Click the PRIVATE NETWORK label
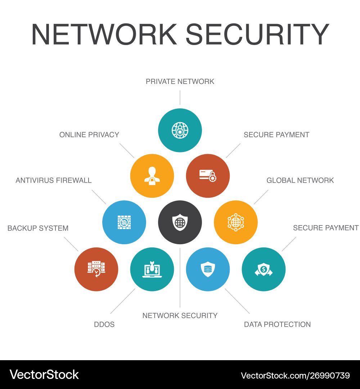pyautogui.click(x=180, y=81)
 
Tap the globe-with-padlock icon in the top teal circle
pyautogui.click(x=180, y=130)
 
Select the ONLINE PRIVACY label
pyautogui.click(x=89, y=134)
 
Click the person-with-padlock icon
pyautogui.click(x=152, y=176)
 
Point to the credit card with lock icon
pyautogui.click(x=208, y=176)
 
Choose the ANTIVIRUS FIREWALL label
pyautogui.click(x=54, y=180)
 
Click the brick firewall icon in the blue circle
pyautogui.click(x=124, y=222)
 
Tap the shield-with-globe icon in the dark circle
pyautogui.click(x=180, y=222)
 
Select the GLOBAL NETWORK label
pyautogui.click(x=300, y=180)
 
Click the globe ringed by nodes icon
pyautogui.click(x=236, y=222)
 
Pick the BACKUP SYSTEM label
pyautogui.click(x=38, y=228)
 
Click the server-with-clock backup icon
pyautogui.click(x=96, y=269)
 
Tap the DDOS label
pyautogui.click(x=104, y=324)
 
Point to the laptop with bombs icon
pyautogui.click(x=152, y=269)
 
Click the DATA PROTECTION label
pyautogui.click(x=277, y=324)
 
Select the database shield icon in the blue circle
pyautogui.click(x=208, y=269)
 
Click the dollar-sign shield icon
pyautogui.click(x=264, y=269)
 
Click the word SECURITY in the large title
pyautogui.click(x=257, y=34)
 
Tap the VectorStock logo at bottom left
pyautogui.click(x=44, y=375)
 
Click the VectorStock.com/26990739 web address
pyautogui.click(x=295, y=375)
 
